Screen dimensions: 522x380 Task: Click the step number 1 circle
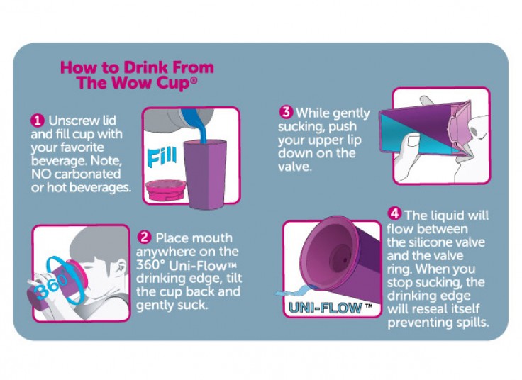point(38,121)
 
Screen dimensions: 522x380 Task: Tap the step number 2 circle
point(144,238)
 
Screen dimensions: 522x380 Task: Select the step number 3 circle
point(286,112)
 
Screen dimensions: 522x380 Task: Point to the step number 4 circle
point(394,213)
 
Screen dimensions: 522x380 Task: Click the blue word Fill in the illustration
point(162,157)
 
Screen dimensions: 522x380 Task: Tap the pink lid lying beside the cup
point(165,191)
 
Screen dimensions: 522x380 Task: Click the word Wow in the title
point(133,82)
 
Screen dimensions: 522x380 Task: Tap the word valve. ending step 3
point(295,167)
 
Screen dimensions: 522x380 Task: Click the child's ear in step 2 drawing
point(121,266)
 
